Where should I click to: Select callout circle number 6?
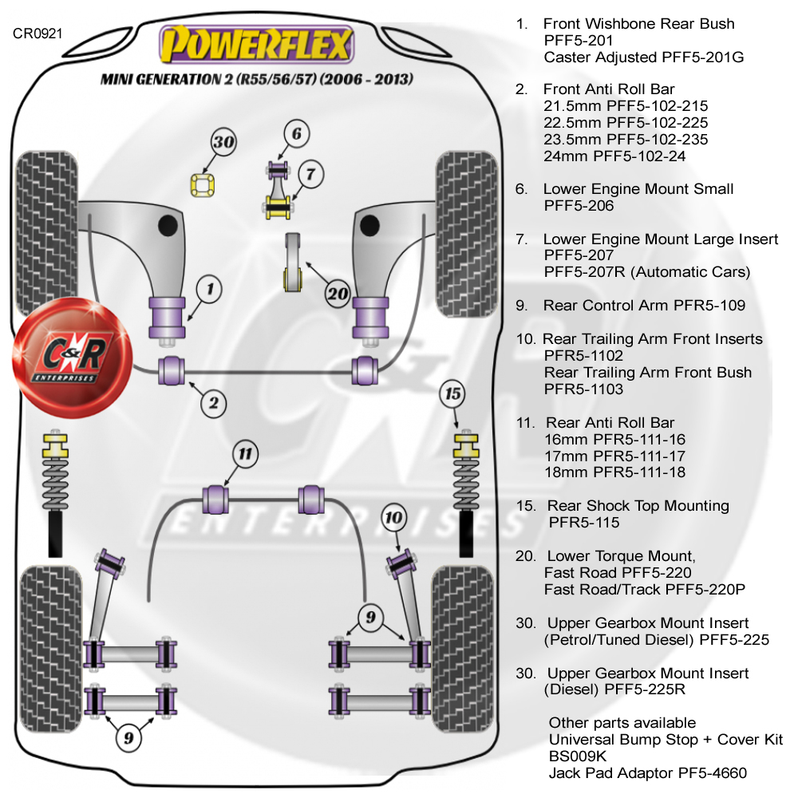(295, 134)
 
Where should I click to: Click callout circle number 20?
(338, 293)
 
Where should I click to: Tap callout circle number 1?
(210, 289)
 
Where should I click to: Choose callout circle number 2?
(213, 403)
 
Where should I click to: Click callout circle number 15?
(453, 393)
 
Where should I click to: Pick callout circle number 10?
(394, 518)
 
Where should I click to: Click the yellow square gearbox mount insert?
(203, 185)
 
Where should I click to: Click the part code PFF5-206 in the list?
(579, 206)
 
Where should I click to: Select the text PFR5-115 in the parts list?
(584, 523)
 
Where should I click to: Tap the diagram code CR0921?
(38, 34)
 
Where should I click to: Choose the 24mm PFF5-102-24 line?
(614, 156)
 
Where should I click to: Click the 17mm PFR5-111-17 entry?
(614, 456)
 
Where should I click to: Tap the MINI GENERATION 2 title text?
(255, 80)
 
